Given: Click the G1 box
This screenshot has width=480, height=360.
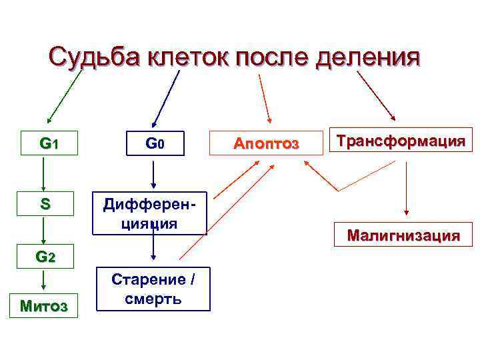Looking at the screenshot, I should pyautogui.click(x=49, y=143).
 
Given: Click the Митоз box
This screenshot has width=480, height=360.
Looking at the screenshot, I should pyautogui.click(x=44, y=306).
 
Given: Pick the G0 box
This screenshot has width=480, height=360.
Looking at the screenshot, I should pyautogui.click(x=153, y=143).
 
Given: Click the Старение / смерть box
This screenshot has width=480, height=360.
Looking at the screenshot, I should pyautogui.click(x=153, y=289).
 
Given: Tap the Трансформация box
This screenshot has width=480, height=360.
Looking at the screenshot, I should pyautogui.click(x=401, y=141).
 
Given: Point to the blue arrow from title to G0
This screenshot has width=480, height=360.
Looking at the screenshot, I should pyautogui.click(x=167, y=97).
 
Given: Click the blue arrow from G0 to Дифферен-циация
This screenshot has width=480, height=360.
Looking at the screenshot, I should pyautogui.click(x=153, y=173).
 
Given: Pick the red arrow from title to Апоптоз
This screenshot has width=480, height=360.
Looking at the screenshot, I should pyautogui.click(x=264, y=97).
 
